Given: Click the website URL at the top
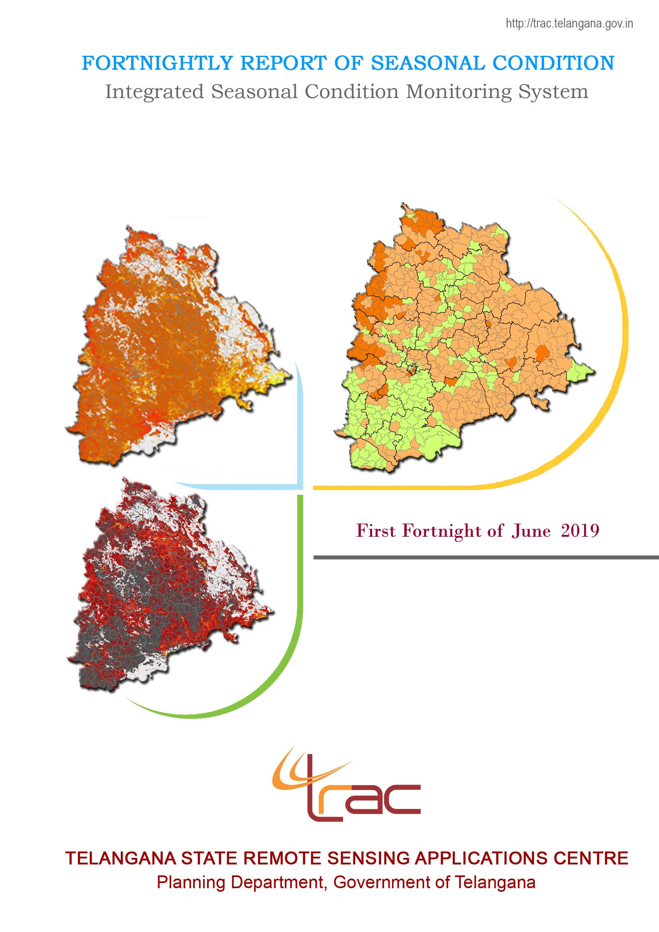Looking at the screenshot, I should [x=569, y=24].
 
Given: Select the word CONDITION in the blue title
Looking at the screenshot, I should [x=553, y=63].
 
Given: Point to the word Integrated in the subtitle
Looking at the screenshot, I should [x=154, y=92].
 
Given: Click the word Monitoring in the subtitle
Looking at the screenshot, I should [x=459, y=92].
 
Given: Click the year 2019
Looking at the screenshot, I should [x=580, y=531].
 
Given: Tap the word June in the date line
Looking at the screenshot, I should [x=531, y=531].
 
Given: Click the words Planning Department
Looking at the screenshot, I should [x=241, y=883].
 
